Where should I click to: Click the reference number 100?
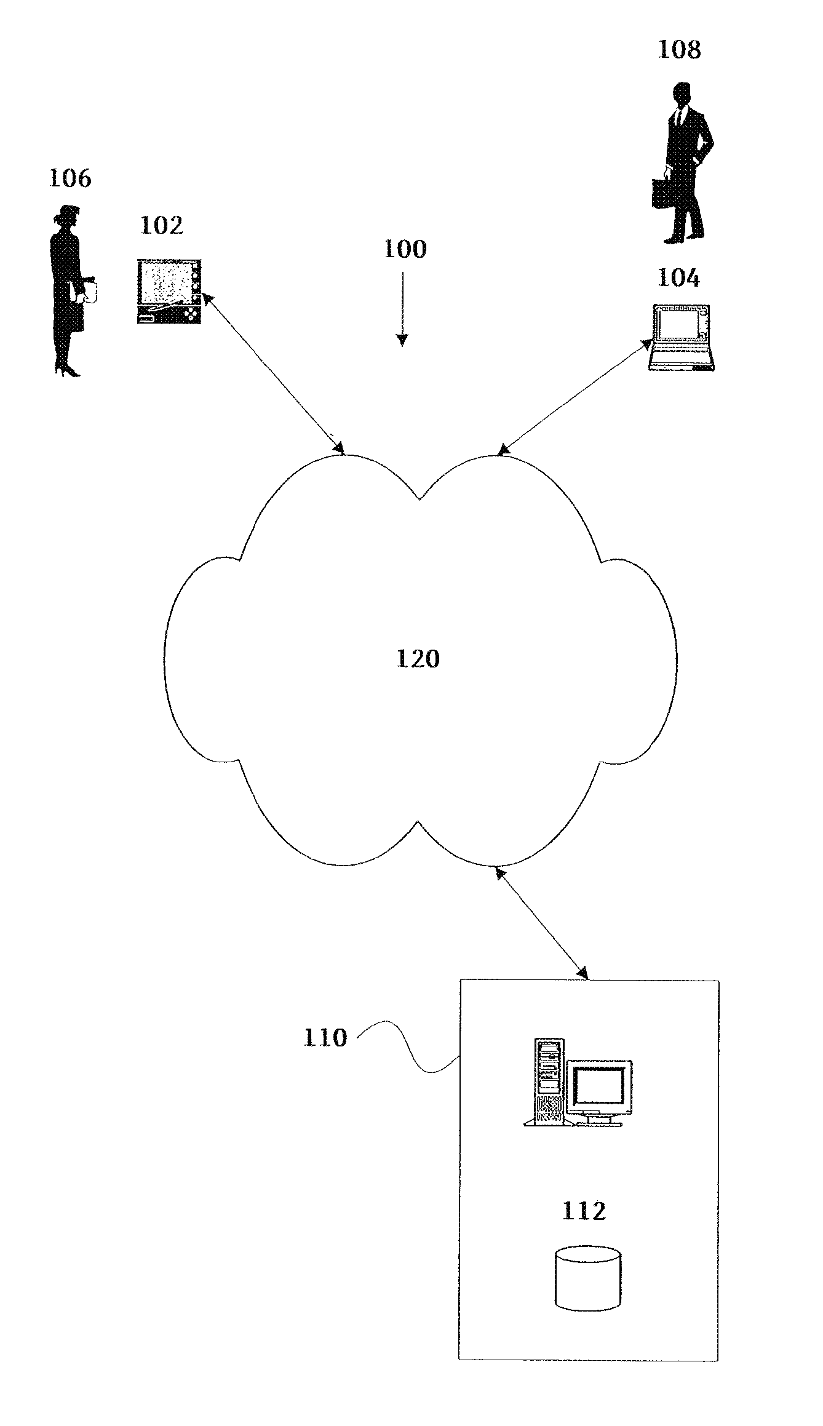(405, 249)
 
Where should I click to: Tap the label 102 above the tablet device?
(162, 226)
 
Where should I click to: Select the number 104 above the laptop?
(678, 278)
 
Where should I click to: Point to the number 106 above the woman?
(70, 178)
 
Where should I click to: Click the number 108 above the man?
(679, 50)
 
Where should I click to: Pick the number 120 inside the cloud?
(418, 659)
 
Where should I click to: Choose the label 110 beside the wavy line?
(325, 1038)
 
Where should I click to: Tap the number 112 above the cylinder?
(584, 1211)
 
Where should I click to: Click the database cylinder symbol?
(587, 1276)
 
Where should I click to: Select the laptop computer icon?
(682, 338)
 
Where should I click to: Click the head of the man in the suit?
(680, 94)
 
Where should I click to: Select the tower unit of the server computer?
(549, 1081)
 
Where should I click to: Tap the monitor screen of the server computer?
(599, 1086)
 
